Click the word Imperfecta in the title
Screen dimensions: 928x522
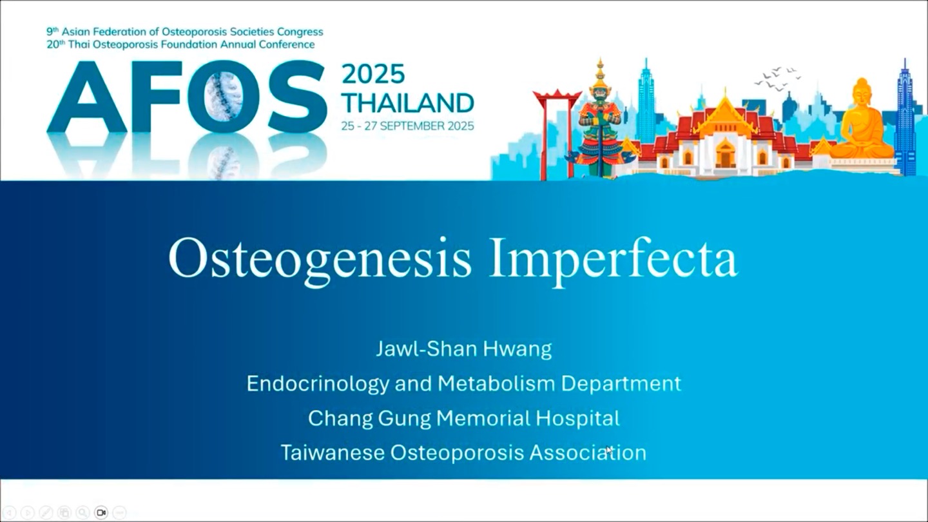(x=613, y=259)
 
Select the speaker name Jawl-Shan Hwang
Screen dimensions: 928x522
(x=464, y=349)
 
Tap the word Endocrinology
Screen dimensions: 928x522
(x=318, y=384)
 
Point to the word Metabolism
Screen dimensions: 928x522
(x=496, y=383)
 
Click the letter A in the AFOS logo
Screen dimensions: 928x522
(x=88, y=97)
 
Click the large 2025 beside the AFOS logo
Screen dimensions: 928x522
(x=373, y=74)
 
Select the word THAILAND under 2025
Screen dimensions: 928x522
(x=408, y=102)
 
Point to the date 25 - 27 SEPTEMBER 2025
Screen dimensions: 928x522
(x=408, y=126)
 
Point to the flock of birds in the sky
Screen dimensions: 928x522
(x=777, y=78)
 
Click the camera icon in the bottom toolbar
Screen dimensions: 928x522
(x=101, y=512)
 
